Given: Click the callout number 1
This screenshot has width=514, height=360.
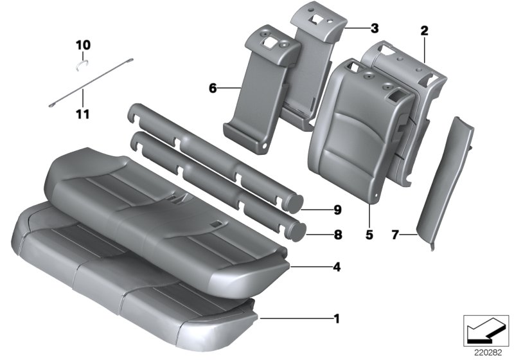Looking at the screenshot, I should click(x=337, y=318).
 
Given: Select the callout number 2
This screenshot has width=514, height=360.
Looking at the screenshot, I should click(x=424, y=30).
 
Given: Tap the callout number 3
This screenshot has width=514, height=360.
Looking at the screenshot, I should click(x=374, y=28).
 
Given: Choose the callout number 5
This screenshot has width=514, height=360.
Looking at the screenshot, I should click(x=369, y=235).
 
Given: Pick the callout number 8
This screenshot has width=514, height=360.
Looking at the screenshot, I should click(x=337, y=235).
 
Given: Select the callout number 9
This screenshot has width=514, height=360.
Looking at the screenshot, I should click(x=337, y=210).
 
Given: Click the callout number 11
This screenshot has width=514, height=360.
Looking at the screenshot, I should click(x=84, y=114).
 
